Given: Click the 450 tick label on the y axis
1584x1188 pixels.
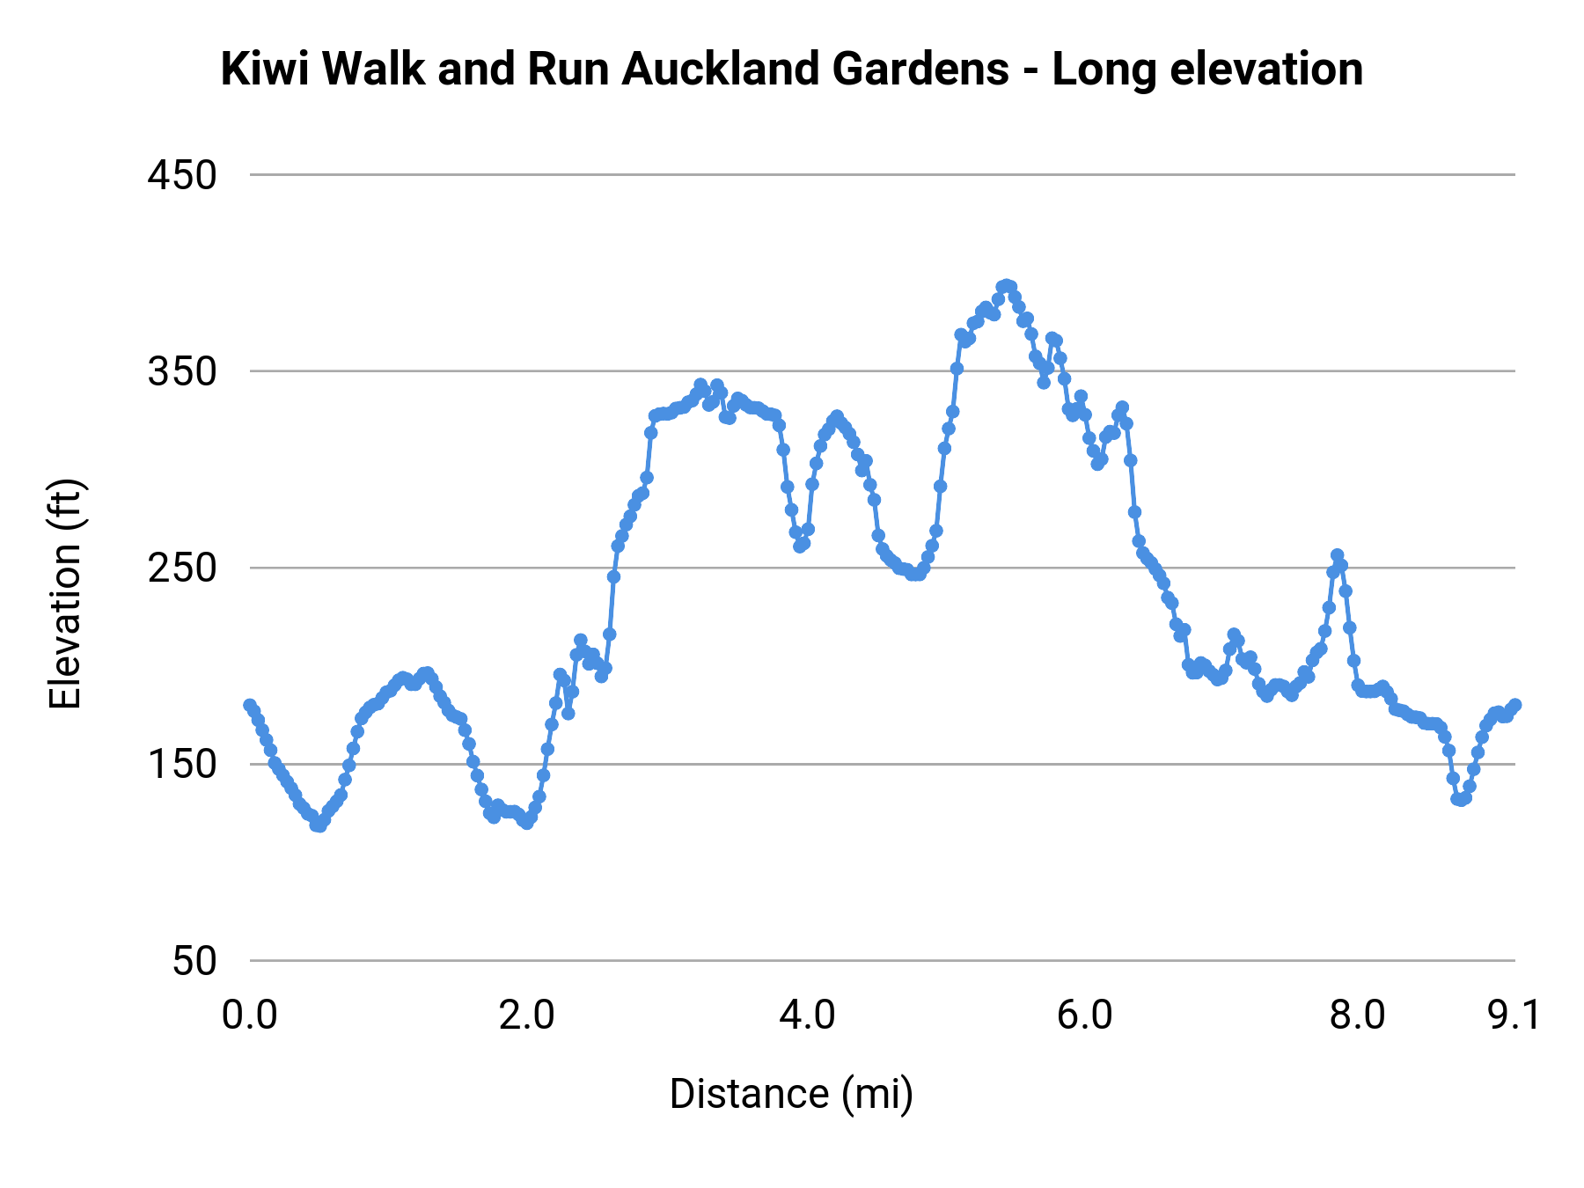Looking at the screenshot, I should pyautogui.click(x=182, y=176).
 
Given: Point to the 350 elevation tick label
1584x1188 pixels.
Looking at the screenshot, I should pyautogui.click(x=182, y=372).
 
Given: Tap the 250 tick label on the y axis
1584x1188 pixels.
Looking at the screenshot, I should pyautogui.click(x=182, y=568).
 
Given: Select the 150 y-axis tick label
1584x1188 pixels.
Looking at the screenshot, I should pyautogui.click(x=182, y=765).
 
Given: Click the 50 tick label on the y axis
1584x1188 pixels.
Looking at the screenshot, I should pyautogui.click(x=194, y=961).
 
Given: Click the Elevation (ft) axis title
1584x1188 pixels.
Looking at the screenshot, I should pyautogui.click(x=66, y=594).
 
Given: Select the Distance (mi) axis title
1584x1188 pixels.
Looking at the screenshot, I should pyautogui.click(x=791, y=1094).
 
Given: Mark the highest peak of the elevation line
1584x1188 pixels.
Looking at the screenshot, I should pyautogui.click(x=1006, y=285).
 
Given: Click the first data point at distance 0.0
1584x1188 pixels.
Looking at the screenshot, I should pyautogui.click(x=250, y=705).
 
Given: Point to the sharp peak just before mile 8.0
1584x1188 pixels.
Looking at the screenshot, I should pyautogui.click(x=1338, y=555).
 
